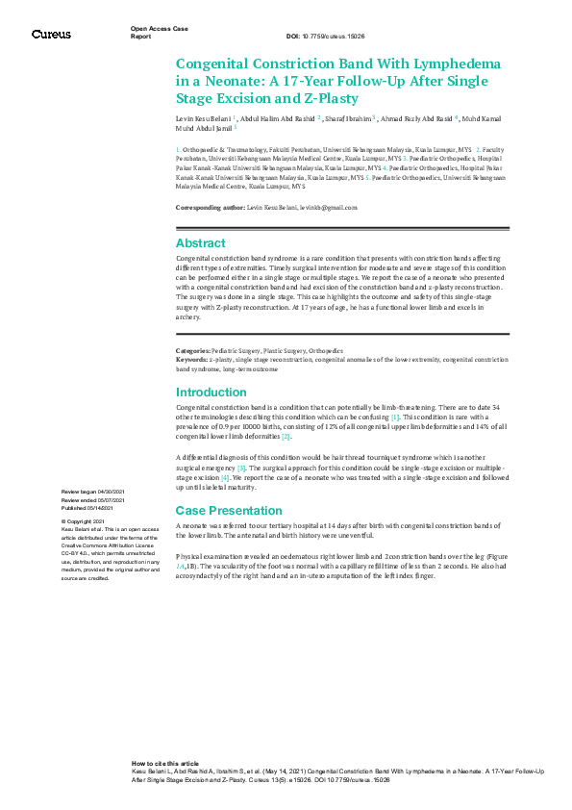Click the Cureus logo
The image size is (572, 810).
51,35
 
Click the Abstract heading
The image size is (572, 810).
200,243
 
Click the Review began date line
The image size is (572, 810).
94,493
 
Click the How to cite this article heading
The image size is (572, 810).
165,761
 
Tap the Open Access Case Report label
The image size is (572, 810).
154,32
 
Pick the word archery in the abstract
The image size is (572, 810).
187,315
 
